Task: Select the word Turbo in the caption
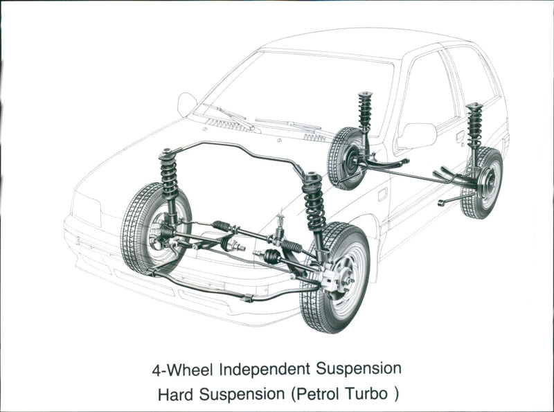(366, 395)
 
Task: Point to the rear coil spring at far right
(474, 125)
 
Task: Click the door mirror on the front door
(417, 135)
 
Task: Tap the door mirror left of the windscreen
(186, 104)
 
